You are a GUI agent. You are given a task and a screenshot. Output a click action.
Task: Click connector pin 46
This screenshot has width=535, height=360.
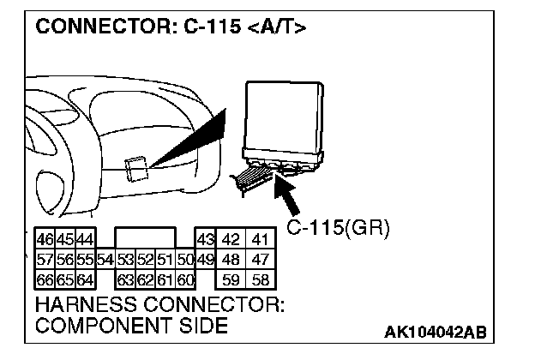coord(45,240)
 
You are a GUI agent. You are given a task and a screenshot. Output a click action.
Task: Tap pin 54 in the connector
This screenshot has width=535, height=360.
coord(105,259)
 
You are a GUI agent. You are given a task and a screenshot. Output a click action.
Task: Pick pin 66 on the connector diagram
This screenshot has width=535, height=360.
coord(45,278)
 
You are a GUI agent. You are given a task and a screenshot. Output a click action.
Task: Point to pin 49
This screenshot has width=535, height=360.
coord(206,259)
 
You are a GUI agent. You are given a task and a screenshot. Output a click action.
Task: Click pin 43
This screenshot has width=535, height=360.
coord(206,240)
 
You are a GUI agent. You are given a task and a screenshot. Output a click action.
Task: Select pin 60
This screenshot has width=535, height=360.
coord(185,278)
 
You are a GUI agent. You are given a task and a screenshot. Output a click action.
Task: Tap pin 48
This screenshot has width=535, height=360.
coord(231,259)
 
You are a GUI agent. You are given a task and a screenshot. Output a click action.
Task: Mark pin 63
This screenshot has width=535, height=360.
coord(125,278)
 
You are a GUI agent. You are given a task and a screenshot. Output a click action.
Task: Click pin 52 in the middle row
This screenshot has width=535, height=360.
coord(146,259)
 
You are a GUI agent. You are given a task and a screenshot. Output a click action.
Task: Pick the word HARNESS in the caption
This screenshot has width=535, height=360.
coord(82,305)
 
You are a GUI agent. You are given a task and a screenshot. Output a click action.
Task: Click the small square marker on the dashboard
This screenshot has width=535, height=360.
coord(135,168)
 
